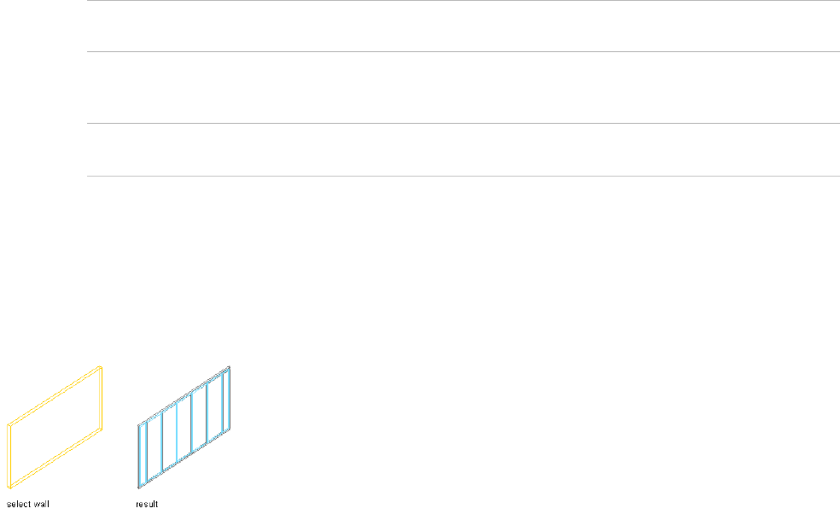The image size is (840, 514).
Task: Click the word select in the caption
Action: pyautogui.click(x=17, y=504)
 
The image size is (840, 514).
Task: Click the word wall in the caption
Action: pyautogui.click(x=39, y=504)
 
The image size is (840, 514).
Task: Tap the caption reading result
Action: pyautogui.click(x=147, y=504)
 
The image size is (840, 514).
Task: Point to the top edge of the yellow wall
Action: pyautogui.click(x=55, y=395)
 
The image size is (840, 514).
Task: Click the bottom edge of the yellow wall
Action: pyautogui.click(x=55, y=453)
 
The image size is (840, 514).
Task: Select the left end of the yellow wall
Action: pyautogui.click(x=9, y=450)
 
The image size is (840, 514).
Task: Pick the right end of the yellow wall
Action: pyautogui.click(x=101, y=397)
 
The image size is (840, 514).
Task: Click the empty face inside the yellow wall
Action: pyautogui.click(x=55, y=424)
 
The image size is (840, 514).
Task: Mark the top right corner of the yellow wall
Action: pyautogui.click(x=102, y=367)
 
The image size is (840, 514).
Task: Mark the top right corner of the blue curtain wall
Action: pyautogui.click(x=230, y=367)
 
